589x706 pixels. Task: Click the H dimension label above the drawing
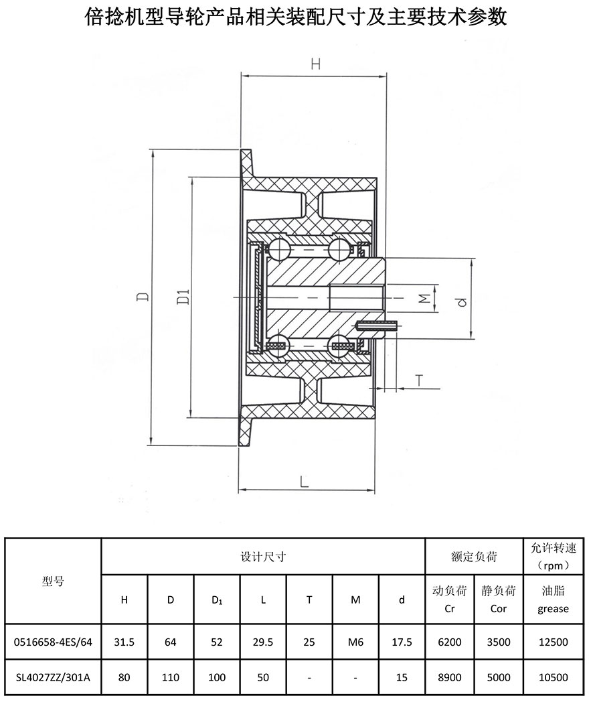(x=316, y=64)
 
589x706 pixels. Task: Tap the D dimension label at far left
(x=143, y=296)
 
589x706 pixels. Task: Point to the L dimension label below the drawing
(x=304, y=482)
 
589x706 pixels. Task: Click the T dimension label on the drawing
(x=420, y=380)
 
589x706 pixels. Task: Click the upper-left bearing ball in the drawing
(x=278, y=249)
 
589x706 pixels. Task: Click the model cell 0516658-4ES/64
(x=53, y=642)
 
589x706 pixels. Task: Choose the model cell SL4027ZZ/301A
(x=53, y=677)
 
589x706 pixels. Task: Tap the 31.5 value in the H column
(x=124, y=642)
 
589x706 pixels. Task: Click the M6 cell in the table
(x=355, y=642)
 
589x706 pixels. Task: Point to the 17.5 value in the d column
(x=402, y=642)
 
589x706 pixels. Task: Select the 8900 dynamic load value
(x=450, y=677)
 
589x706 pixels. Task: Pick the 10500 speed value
(x=554, y=677)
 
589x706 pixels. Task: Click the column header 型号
(x=53, y=581)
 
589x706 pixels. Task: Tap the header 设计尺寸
(x=263, y=557)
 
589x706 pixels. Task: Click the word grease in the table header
(x=554, y=609)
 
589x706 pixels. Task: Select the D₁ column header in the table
(x=217, y=600)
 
